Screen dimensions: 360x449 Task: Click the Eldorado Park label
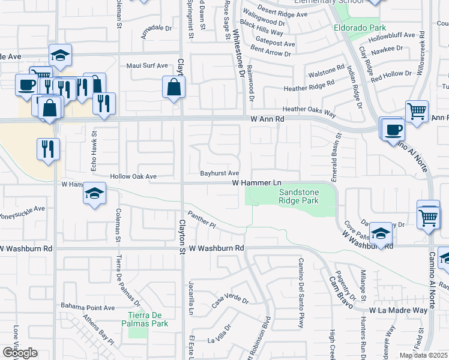(360, 28)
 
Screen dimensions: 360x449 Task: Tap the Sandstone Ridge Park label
(298, 196)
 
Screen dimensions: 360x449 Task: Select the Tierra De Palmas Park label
(147, 319)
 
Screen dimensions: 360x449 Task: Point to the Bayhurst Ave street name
(220, 173)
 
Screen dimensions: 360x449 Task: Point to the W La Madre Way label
(398, 310)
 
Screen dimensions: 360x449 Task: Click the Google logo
(20, 353)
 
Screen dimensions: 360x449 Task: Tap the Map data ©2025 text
(424, 355)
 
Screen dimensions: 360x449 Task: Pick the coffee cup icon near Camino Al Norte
(394, 129)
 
